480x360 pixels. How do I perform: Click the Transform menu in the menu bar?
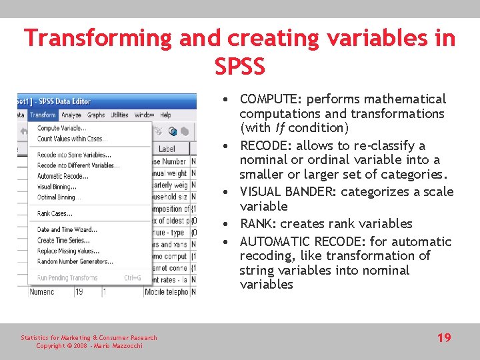click(x=43, y=115)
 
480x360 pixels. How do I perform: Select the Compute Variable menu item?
click(x=61, y=129)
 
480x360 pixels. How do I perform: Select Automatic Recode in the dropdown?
click(x=63, y=176)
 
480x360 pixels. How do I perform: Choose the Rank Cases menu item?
click(x=55, y=214)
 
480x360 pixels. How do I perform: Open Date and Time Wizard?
click(x=67, y=230)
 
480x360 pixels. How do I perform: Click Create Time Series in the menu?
click(x=63, y=240)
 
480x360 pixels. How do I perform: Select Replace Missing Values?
click(x=69, y=250)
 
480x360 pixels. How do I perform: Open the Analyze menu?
click(x=71, y=115)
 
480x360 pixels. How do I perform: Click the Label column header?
click(x=166, y=149)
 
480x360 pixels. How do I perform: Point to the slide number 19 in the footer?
click(x=444, y=338)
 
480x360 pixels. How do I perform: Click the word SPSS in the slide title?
click(x=240, y=66)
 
